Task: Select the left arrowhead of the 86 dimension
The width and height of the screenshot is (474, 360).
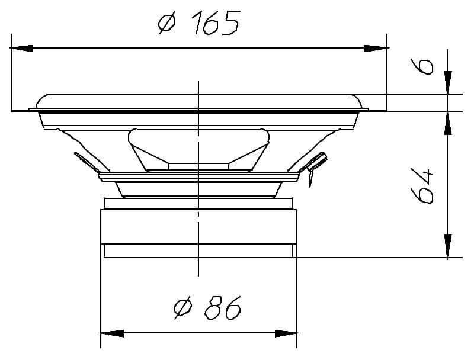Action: [112, 333]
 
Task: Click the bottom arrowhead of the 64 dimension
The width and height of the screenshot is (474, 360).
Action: [448, 247]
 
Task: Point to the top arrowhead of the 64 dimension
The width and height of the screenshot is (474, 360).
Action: [448, 122]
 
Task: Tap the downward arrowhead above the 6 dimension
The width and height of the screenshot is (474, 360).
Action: [448, 82]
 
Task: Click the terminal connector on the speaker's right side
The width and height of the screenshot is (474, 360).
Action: [314, 166]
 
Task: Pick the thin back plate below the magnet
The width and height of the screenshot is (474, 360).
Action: [198, 252]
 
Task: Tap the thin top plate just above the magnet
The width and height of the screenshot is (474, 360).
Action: [198, 203]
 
